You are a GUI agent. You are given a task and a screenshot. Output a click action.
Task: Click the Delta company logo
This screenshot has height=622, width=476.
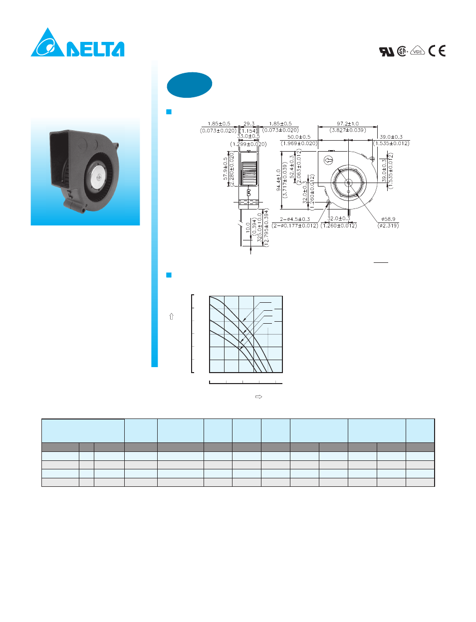coord(77,43)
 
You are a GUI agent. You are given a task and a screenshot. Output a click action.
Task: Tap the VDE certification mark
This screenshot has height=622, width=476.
coord(418,51)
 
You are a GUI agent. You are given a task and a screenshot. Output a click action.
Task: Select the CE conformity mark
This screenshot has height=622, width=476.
coord(437,51)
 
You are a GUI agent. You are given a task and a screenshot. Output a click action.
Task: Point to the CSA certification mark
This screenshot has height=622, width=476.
coord(402,51)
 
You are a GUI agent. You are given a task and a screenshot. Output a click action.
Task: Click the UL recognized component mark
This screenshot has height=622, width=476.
coord(387,51)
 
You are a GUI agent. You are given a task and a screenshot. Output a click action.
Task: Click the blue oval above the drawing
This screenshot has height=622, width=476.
coord(190,85)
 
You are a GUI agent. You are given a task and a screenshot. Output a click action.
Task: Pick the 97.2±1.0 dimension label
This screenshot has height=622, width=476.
coord(348,124)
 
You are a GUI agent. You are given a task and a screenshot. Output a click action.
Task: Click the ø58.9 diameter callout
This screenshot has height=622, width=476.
coord(388,219)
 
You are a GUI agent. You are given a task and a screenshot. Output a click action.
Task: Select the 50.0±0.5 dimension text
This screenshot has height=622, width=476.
coord(299,137)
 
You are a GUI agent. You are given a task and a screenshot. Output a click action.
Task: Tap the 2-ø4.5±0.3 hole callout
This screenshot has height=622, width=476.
coord(295,219)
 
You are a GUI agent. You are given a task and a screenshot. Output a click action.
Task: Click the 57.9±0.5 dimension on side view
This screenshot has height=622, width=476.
coord(226,170)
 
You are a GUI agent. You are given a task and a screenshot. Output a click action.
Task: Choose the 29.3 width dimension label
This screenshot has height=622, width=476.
coord(249,124)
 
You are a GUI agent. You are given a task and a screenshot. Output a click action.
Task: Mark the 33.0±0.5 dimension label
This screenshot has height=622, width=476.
coord(248,136)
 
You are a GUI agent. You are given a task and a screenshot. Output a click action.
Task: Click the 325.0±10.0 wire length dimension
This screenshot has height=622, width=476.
coord(259,227)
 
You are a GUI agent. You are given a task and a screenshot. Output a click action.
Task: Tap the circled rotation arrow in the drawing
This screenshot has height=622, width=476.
coord(328,160)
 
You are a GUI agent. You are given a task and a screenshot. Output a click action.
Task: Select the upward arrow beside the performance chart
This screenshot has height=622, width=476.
coord(172,316)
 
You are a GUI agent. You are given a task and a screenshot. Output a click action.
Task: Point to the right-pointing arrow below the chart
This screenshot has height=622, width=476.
coord(258,397)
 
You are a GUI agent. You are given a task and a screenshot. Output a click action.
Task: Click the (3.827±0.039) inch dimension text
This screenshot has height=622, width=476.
coord(348,130)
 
